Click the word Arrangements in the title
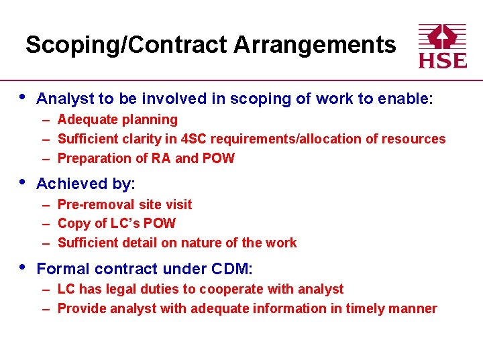pos(315,45)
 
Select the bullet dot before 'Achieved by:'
pos(21,182)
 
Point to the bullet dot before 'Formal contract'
pos(21,267)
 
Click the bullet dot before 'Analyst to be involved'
pos(21,97)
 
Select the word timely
pos(366,309)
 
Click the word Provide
pos(82,308)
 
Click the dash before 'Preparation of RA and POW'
pos(46,158)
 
